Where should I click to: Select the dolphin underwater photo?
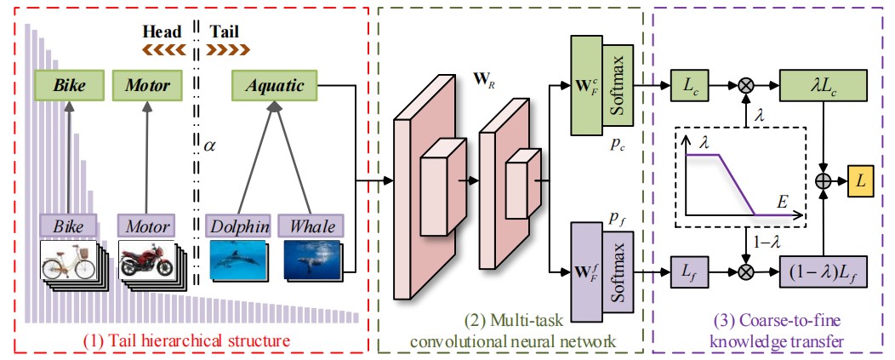pos(235,259)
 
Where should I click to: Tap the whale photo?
pos(311,259)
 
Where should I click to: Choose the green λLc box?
pos(823,85)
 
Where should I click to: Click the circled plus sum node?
pos(823,180)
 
